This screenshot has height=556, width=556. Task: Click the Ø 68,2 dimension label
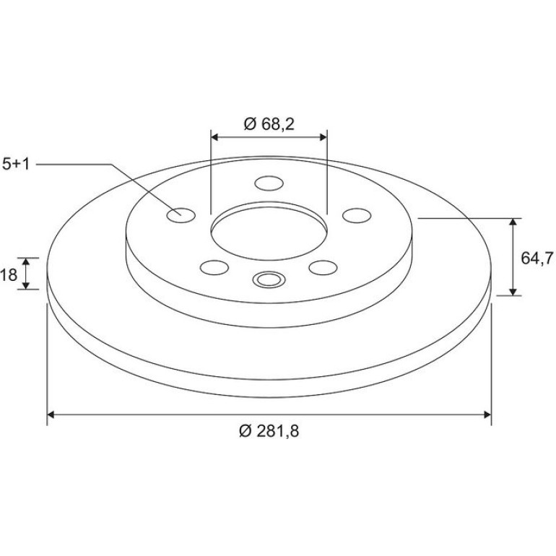[x=269, y=123]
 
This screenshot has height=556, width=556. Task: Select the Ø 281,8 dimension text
[x=269, y=431]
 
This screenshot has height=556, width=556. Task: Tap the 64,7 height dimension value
[x=537, y=258]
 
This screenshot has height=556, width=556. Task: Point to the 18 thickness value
[x=9, y=274]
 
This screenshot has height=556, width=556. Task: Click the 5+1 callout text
[x=16, y=165]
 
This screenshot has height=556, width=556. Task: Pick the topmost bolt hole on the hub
[x=269, y=183]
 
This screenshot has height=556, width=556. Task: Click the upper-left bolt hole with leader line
[x=181, y=215]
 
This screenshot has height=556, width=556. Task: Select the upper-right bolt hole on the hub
[x=357, y=215]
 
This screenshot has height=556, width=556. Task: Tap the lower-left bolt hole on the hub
[x=214, y=267]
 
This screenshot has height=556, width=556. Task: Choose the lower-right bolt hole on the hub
[x=323, y=267]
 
